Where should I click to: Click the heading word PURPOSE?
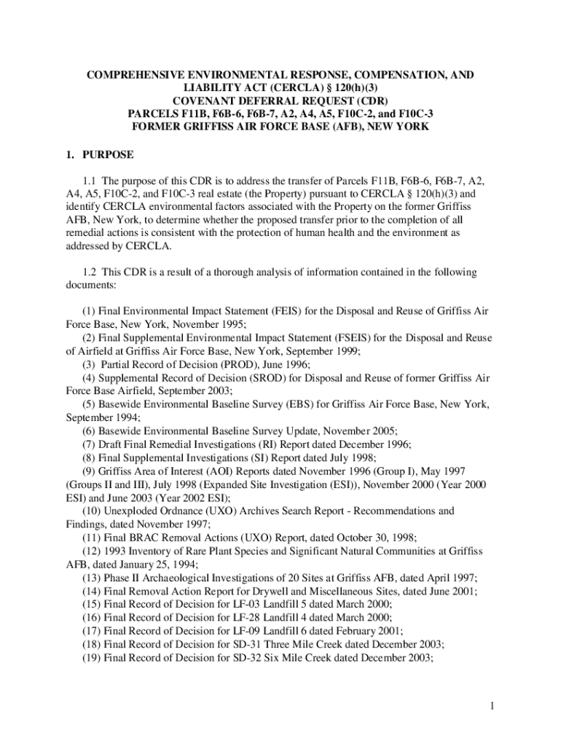coord(109,154)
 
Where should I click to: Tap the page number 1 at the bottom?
coord(493,705)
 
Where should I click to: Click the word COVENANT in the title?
coord(205,101)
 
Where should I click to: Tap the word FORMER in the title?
coord(157,127)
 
